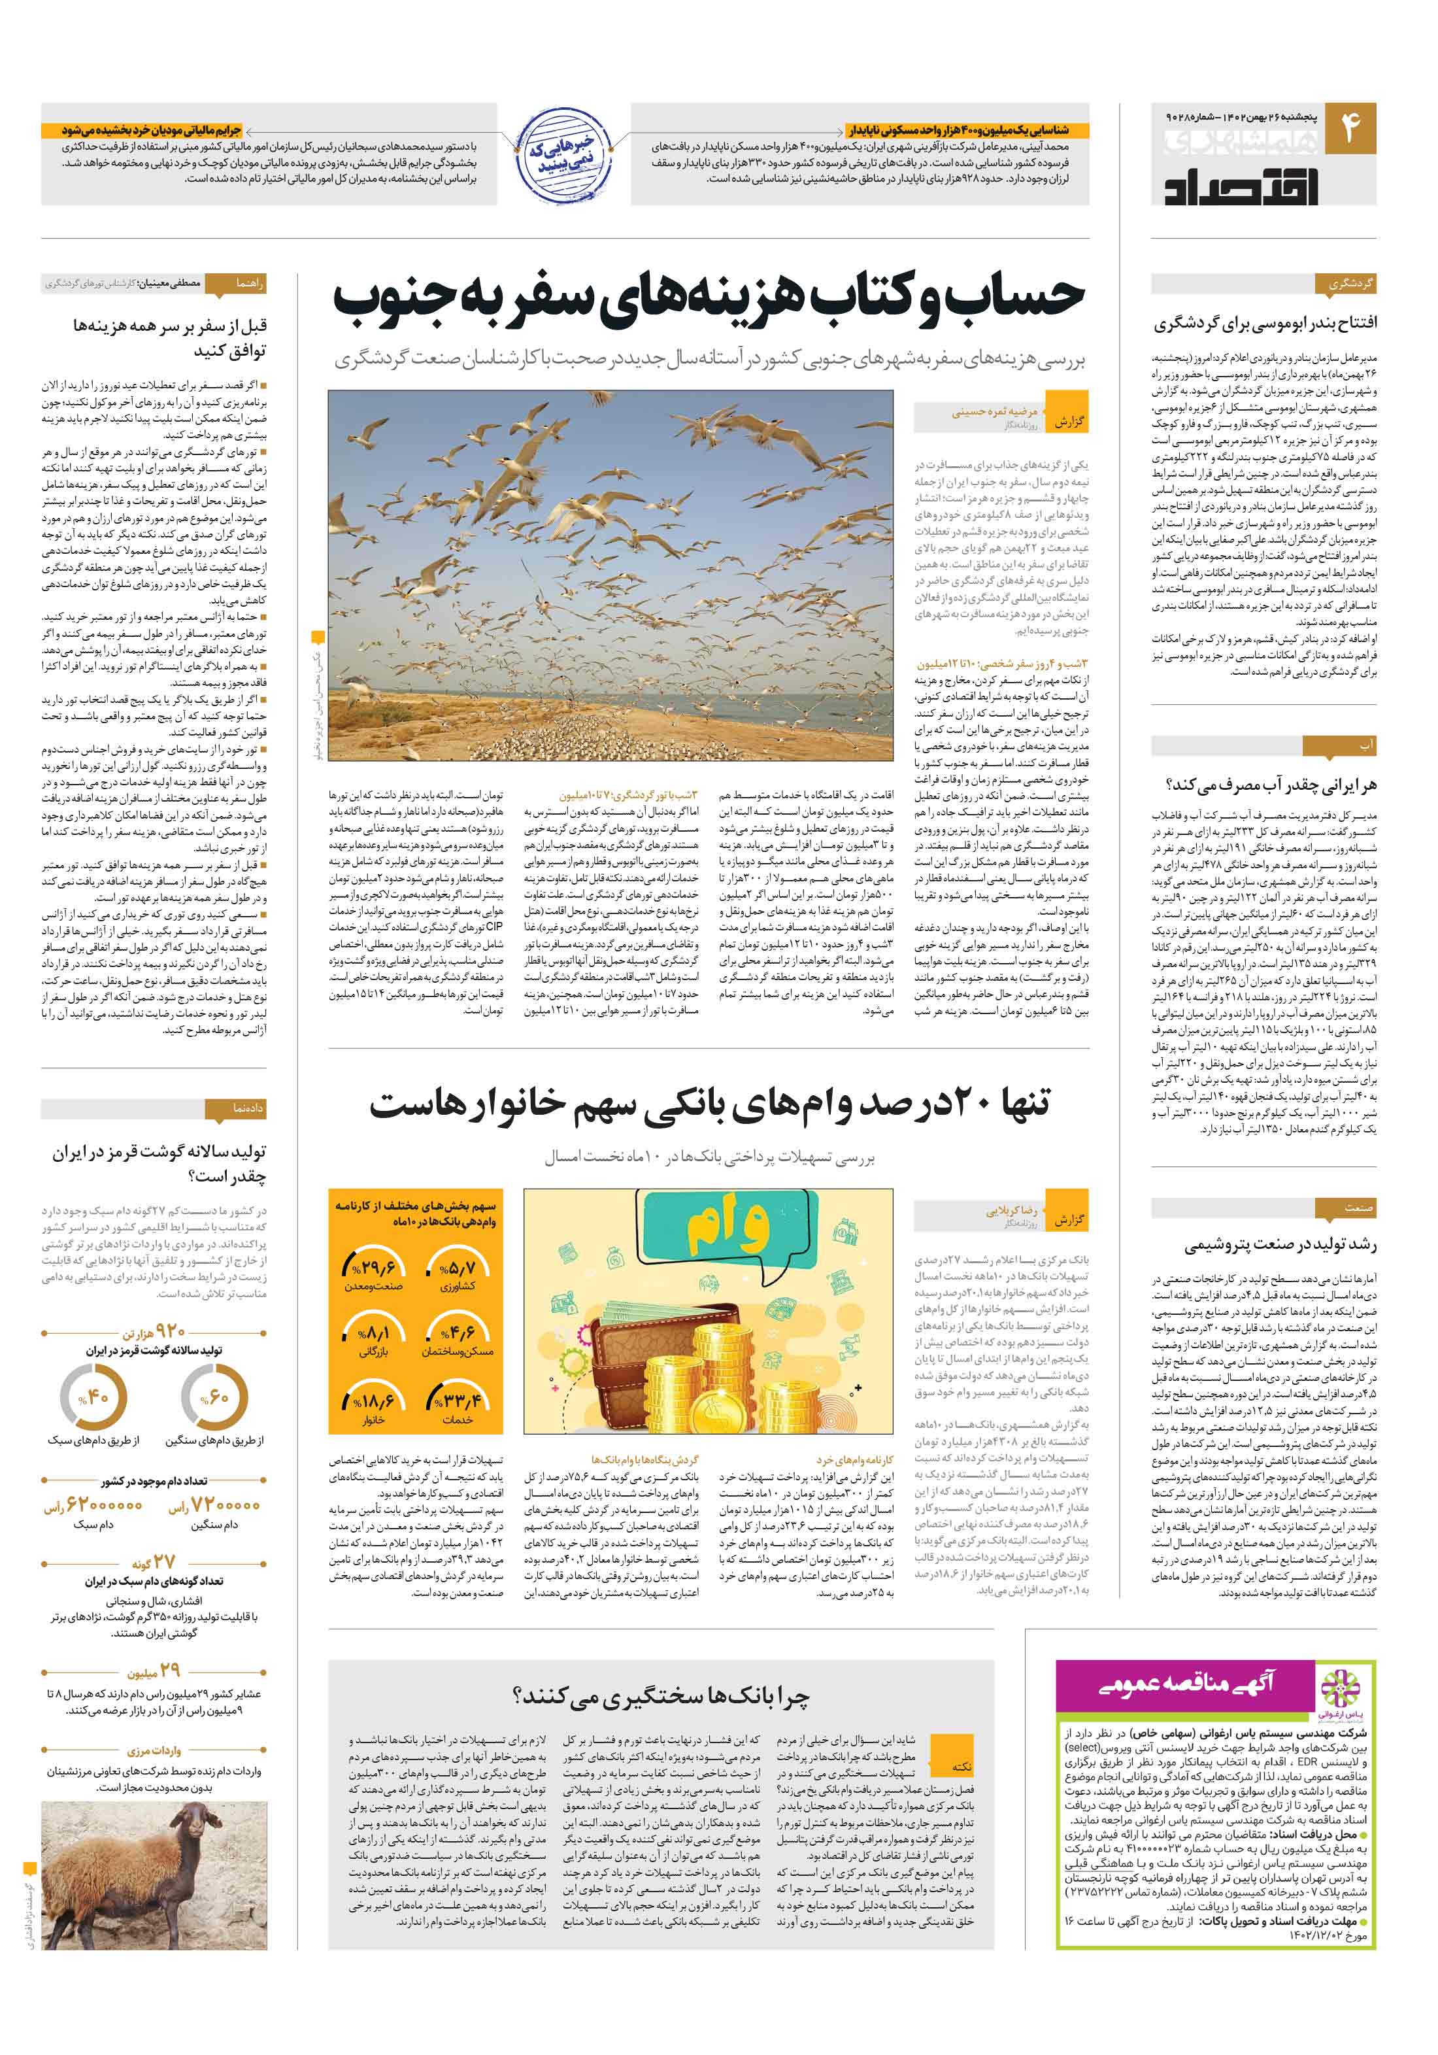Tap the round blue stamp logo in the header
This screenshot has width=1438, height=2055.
point(563,154)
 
